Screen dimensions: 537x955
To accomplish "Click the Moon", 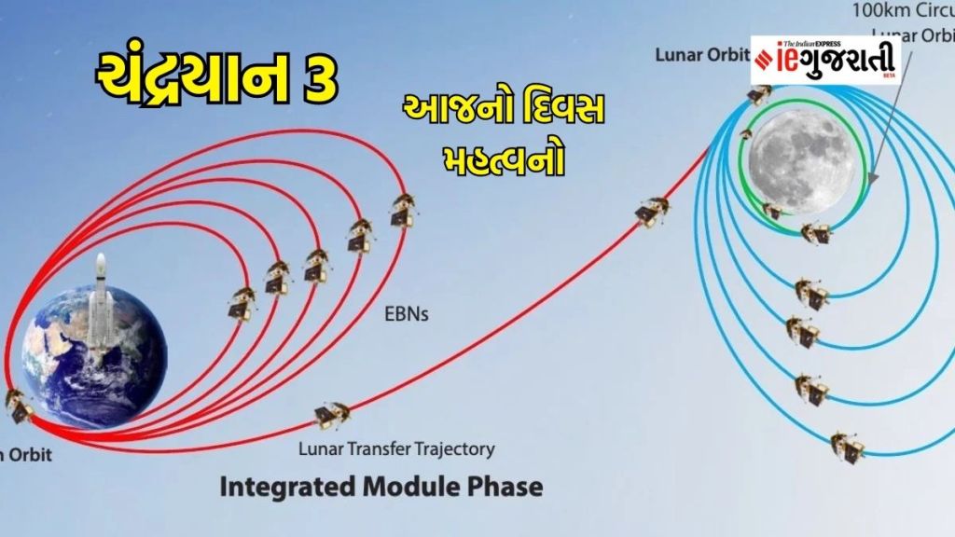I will [x=800, y=159].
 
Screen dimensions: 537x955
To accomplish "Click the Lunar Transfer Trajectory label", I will [x=396, y=449].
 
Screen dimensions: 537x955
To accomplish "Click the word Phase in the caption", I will [x=509, y=487].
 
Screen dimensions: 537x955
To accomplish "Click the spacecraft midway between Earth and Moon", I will [x=652, y=212].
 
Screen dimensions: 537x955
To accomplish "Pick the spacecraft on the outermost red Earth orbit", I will [x=403, y=209].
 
